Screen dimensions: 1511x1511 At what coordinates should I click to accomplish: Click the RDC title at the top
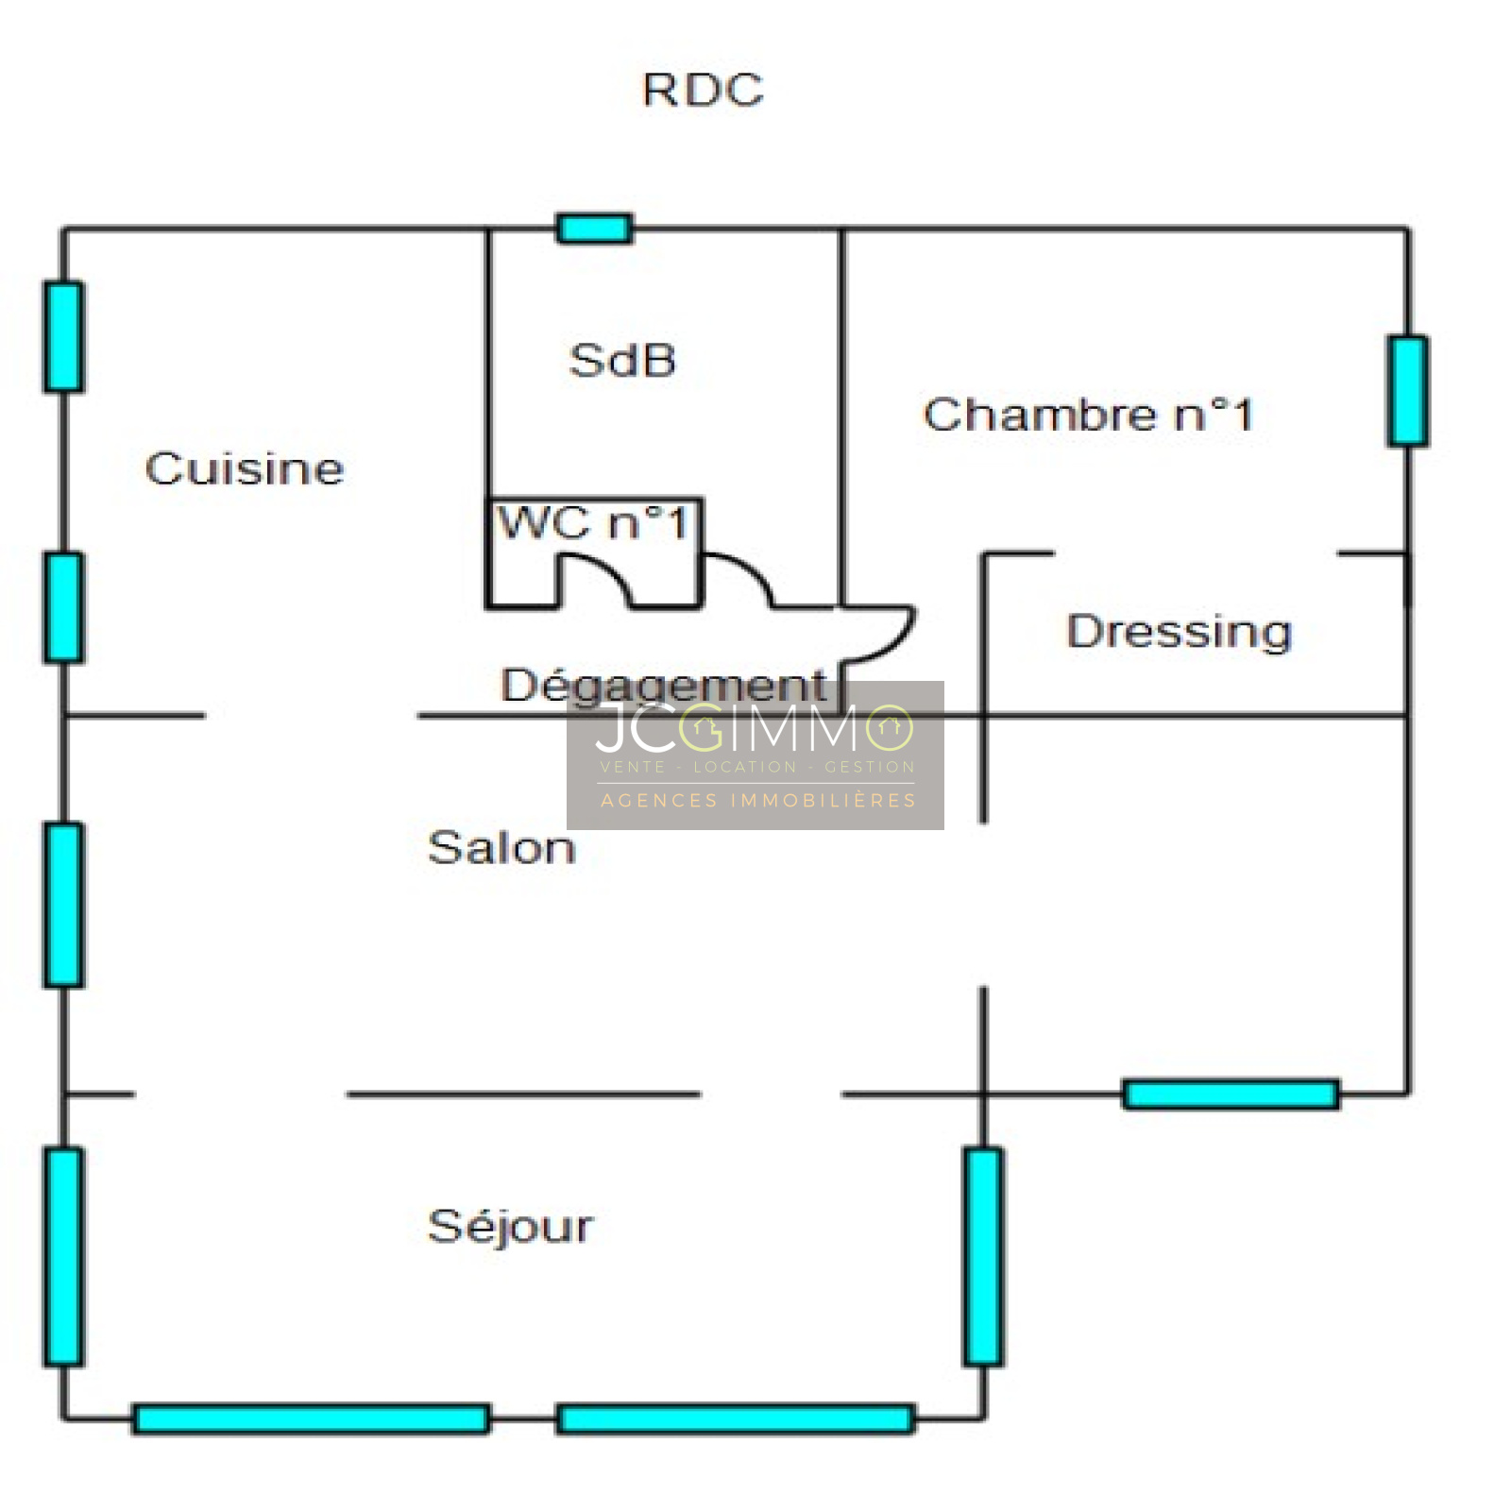(x=703, y=91)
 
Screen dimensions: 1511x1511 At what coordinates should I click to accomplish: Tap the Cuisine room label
(x=244, y=469)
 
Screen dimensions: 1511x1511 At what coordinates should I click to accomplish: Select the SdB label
(x=622, y=361)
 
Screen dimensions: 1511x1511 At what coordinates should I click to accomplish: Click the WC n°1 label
(x=593, y=522)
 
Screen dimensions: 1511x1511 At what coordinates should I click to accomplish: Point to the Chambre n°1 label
(x=1088, y=415)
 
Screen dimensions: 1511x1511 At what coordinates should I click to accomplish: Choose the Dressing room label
(x=1179, y=631)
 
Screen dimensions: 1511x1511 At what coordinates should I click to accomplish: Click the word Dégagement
(x=663, y=686)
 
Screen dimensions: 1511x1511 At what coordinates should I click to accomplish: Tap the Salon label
(x=501, y=848)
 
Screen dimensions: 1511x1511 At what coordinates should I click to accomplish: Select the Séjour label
(x=510, y=1227)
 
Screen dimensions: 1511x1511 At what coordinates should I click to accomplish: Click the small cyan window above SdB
(x=594, y=229)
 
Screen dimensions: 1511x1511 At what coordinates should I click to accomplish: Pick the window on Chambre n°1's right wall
(x=1407, y=391)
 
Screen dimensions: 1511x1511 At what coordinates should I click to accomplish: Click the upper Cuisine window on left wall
(x=63, y=337)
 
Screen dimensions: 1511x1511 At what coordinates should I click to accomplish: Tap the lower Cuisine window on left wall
(x=63, y=607)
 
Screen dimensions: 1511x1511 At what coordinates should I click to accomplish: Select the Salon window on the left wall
(x=63, y=905)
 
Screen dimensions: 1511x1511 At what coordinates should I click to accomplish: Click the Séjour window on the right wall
(x=983, y=1256)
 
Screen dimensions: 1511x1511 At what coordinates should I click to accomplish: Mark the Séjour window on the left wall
(x=63, y=1256)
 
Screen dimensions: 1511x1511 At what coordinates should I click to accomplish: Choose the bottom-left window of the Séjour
(x=311, y=1418)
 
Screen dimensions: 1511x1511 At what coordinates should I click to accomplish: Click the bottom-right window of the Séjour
(x=735, y=1418)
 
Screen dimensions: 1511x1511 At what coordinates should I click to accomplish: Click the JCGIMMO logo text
(x=754, y=728)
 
